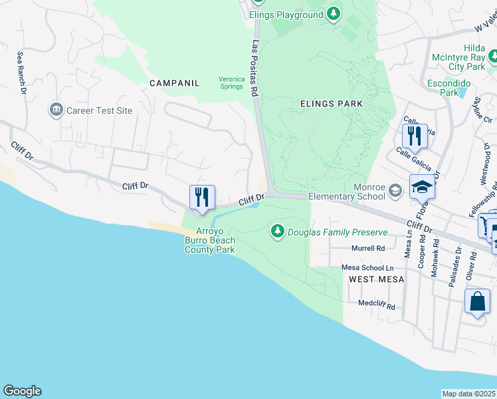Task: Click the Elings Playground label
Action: [x=286, y=14]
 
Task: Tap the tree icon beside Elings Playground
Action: [x=334, y=14]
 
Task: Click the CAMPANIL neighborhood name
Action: [x=174, y=83]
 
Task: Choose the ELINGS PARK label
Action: [x=332, y=104]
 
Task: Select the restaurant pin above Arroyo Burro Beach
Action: [x=202, y=197]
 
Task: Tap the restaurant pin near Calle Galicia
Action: [x=414, y=136]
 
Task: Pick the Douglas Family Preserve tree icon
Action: [x=277, y=232]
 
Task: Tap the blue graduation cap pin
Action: [x=421, y=186]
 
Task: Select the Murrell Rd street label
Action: [x=368, y=249]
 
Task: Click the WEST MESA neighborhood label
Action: [x=376, y=279]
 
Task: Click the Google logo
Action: [x=22, y=391]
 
